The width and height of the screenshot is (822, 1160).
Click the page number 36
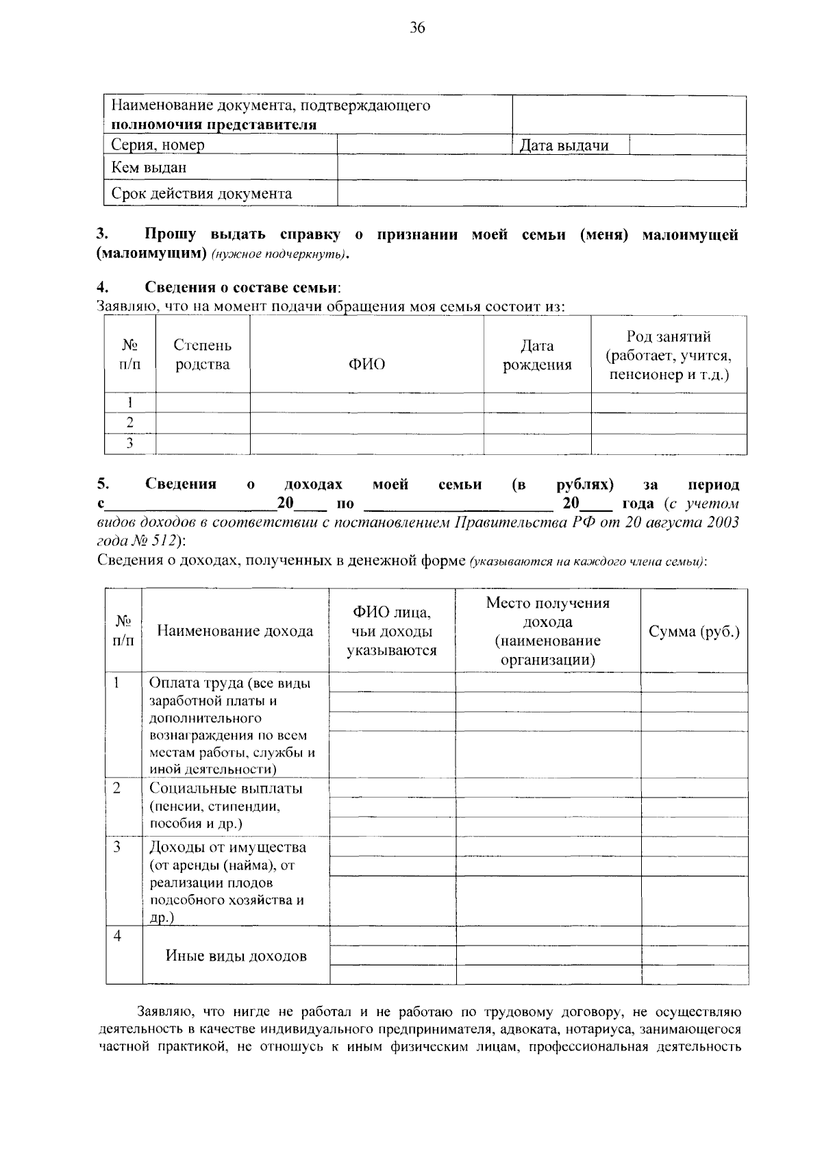pos(417,27)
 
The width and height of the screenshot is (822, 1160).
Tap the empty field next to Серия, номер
pos(425,145)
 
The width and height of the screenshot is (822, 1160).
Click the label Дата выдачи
pos(564,145)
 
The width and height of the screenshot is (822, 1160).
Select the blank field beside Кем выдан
pos(541,168)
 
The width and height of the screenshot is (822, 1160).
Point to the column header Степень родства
pos(203,355)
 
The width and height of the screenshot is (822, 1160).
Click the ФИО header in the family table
pos(366,365)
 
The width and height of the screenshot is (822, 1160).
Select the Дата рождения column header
pos(537,356)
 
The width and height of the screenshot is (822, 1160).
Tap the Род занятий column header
pos(669,356)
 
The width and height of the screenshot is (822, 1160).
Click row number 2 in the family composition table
pos(129,423)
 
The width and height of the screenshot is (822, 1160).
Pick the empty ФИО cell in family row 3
pos(366,444)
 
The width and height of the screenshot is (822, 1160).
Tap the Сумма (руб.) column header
pos(694,632)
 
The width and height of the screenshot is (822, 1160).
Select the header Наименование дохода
pos(235,632)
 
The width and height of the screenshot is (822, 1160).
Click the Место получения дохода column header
pos(547,631)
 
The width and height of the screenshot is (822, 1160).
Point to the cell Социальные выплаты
pos(226,789)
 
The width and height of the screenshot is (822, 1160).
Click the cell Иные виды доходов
pos(236,956)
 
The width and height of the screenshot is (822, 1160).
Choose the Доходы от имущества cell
pos(227,848)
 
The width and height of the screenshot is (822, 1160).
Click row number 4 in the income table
pos(118,936)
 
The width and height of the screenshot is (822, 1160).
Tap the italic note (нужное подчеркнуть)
pos(279,256)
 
